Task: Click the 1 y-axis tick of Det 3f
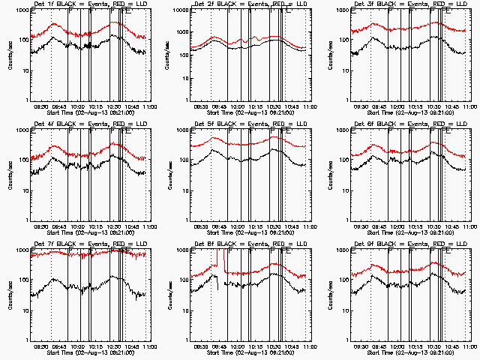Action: (x=343, y=100)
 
